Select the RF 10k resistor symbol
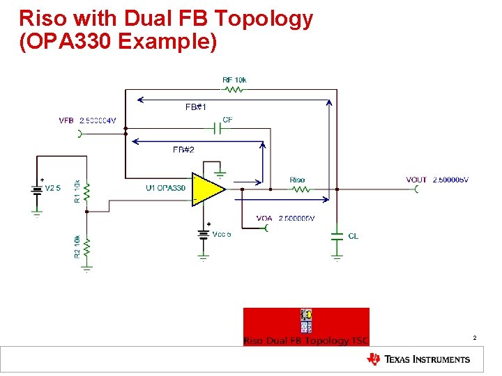pos(234,90)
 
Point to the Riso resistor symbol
pos(297,189)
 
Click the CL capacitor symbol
pos(337,236)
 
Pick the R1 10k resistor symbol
pos(86,190)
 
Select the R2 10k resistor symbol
pos(86,246)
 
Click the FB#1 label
pos(195,107)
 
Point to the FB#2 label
pos(183,150)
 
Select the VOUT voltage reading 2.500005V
pos(450,180)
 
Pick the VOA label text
pos(264,219)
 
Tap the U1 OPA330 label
pos(165,188)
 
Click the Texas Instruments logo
pos(418,359)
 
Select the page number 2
pos(475,338)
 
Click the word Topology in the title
pos(264,19)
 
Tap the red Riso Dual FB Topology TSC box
pos(306,327)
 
